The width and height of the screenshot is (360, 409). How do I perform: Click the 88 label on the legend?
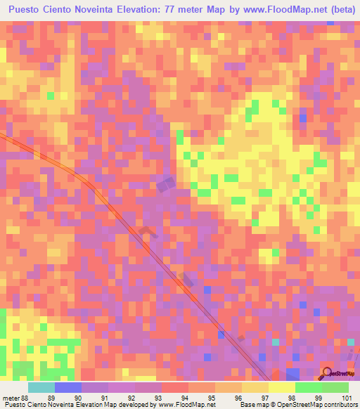26,398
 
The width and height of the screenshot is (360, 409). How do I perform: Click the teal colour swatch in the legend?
41,387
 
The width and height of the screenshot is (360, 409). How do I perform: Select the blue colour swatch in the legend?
68,387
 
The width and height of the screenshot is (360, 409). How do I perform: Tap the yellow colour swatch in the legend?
282,387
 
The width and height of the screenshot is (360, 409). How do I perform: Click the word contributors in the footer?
340,405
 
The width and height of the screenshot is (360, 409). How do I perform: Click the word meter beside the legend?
11,398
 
